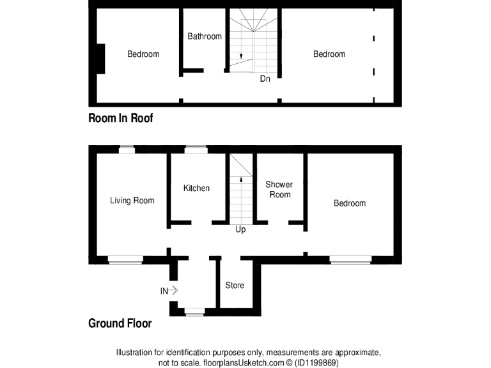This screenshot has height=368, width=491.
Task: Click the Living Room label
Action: (132, 201)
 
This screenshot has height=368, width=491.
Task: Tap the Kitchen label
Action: (196, 188)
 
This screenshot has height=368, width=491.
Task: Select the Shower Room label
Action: (279, 190)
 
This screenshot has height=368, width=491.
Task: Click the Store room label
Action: (235, 285)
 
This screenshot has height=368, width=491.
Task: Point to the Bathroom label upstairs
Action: (205, 36)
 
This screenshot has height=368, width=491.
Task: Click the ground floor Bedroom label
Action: (350, 203)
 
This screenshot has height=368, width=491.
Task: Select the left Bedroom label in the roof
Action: (143, 54)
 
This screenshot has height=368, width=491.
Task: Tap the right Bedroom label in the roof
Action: (329, 54)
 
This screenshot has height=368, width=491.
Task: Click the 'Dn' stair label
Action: (265, 79)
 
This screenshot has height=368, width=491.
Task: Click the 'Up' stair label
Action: (240, 229)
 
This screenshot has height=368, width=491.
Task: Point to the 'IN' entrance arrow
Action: (171, 291)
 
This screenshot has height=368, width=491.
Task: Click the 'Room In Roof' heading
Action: (121, 118)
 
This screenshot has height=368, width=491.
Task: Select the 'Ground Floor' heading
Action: (120, 324)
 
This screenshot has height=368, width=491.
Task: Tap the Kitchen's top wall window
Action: (196, 149)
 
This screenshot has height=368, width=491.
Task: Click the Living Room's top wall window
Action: (127, 149)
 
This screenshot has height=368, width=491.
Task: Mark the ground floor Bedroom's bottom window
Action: (350, 259)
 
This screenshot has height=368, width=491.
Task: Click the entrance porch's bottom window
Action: (194, 312)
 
